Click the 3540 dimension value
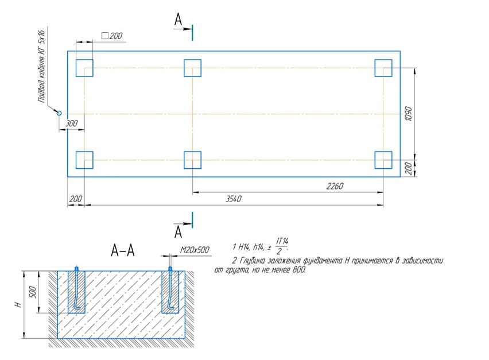coord(233,199)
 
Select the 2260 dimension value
coord(335,186)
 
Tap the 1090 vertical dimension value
coord(408,114)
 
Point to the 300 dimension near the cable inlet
coord(71,123)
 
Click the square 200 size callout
coord(112,36)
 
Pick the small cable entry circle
coord(59,113)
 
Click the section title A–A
coord(123,250)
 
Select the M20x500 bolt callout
coord(195,250)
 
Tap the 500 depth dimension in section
coord(33,292)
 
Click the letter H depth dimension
coord(19,304)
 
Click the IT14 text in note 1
coord(282,241)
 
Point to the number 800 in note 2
coord(299,270)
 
